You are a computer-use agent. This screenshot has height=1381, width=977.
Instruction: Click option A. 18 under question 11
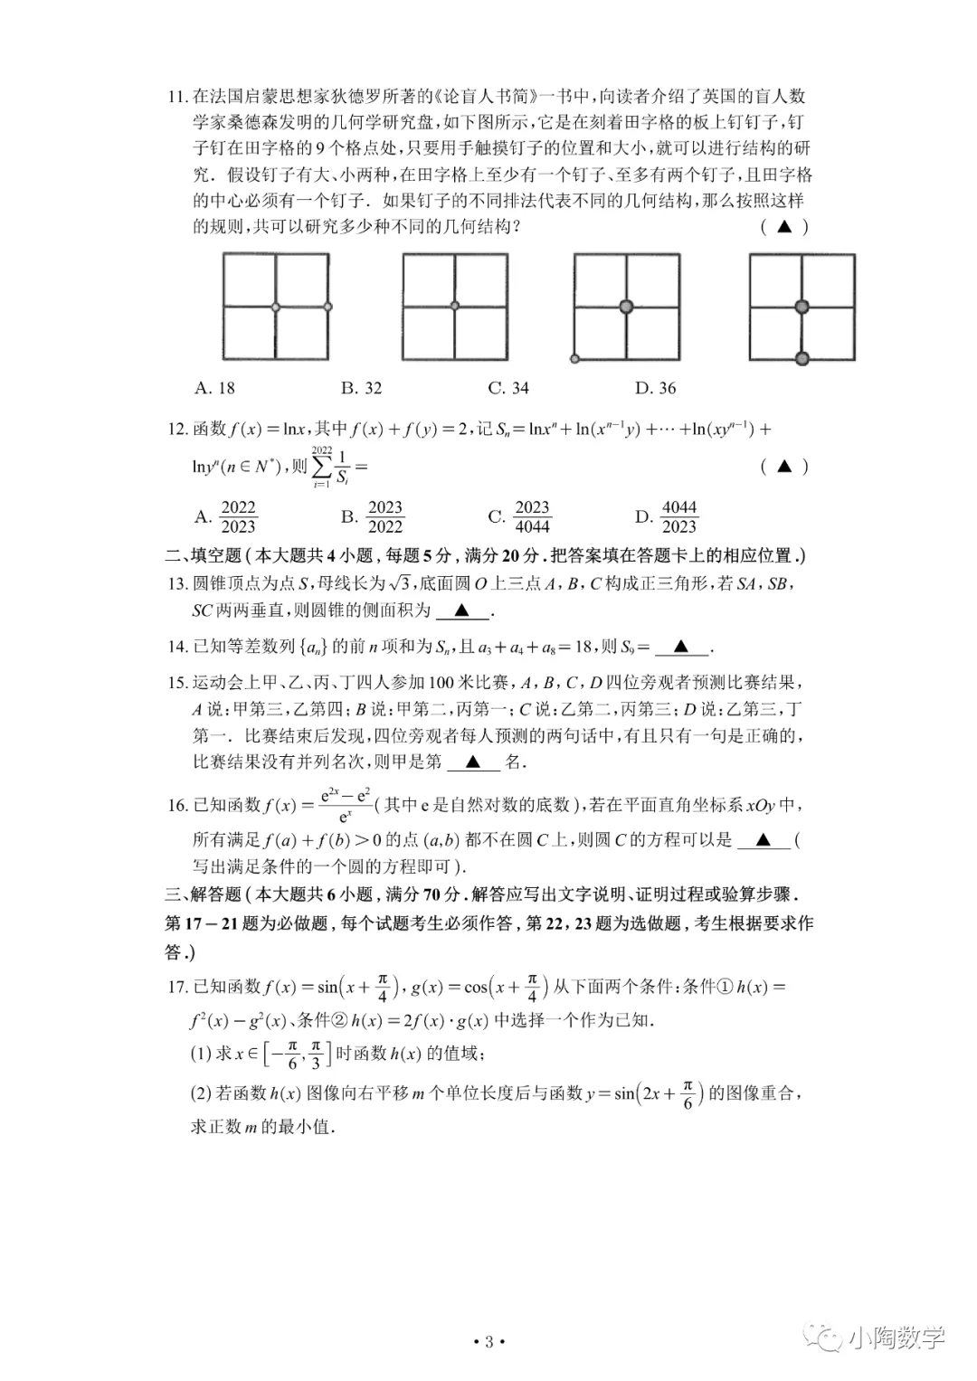[x=214, y=388]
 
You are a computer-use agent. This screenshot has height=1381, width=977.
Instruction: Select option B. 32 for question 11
[x=362, y=388]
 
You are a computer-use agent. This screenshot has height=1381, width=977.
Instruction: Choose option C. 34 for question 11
[x=508, y=388]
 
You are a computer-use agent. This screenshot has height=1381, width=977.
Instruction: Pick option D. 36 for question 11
[x=656, y=388]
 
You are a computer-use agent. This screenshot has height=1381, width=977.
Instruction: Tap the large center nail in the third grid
[x=626, y=307]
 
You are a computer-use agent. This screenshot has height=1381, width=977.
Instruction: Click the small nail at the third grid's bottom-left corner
[x=574, y=359]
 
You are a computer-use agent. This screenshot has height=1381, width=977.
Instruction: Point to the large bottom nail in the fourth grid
[x=802, y=359]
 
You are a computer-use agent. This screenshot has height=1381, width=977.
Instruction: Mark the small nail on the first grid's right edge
[x=327, y=307]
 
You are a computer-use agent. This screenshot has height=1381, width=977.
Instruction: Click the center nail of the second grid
[x=455, y=306]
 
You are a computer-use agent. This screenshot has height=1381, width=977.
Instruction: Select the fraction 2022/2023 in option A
[x=239, y=517]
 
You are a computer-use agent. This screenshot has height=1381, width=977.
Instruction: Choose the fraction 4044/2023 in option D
[x=679, y=517]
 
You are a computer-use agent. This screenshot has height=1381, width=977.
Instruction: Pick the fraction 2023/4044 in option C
[x=532, y=517]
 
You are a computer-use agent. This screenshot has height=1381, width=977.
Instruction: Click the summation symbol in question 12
[x=321, y=467]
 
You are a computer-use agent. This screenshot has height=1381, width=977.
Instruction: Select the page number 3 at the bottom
[x=488, y=1342]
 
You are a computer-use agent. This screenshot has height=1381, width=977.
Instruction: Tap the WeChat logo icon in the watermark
[x=826, y=1338]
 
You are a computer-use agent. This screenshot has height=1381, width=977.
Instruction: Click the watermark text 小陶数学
[x=896, y=1338]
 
